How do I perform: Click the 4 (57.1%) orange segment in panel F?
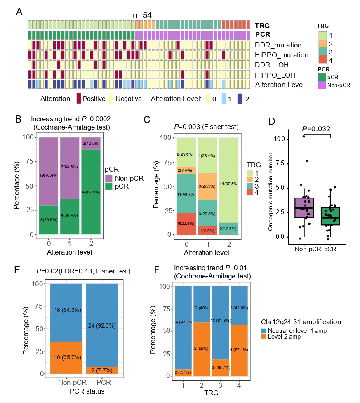point(239,349)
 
